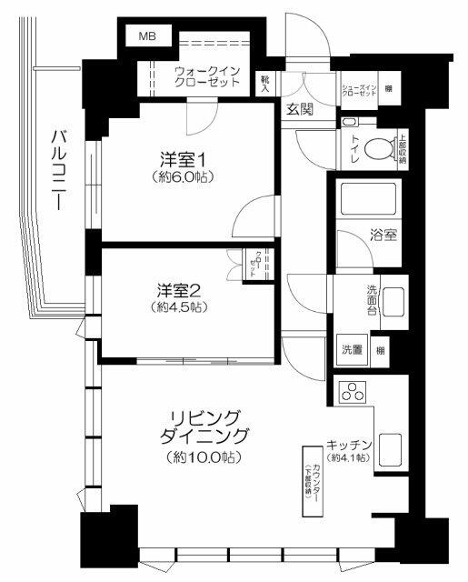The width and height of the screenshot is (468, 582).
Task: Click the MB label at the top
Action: (x=146, y=36)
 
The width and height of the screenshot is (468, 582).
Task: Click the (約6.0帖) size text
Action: (x=182, y=176)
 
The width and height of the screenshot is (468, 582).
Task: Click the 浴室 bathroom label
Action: (x=383, y=235)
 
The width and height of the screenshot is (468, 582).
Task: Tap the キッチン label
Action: (x=350, y=446)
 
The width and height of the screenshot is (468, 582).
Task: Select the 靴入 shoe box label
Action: (x=264, y=84)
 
